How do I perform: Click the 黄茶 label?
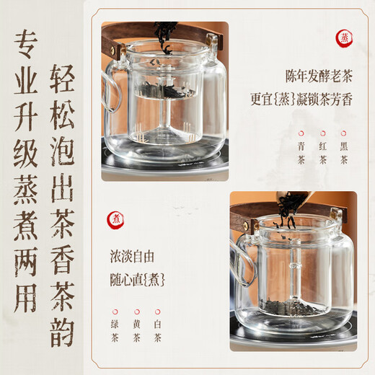point(136,327)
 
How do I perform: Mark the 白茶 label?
point(157,327)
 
